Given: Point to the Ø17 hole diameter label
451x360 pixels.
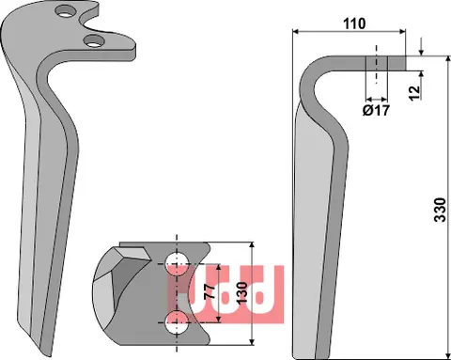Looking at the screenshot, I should point(376,109).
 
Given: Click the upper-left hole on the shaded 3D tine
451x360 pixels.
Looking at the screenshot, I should point(64,12).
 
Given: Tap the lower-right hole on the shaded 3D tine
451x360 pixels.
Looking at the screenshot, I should point(92,40).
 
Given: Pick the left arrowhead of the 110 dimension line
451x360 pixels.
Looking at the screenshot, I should point(298,32).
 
